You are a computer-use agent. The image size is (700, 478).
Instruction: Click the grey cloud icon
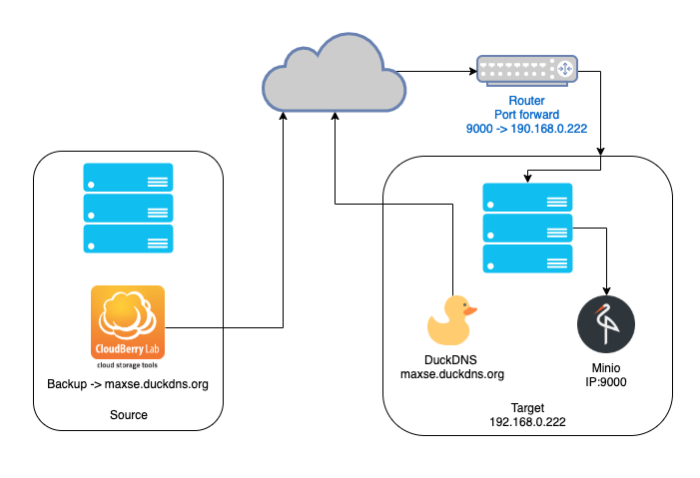click(x=334, y=74)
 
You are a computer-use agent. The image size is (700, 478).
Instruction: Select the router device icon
click(x=527, y=69)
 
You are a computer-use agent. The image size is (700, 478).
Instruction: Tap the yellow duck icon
click(x=451, y=320)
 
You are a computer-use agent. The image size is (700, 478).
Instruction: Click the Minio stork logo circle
click(x=606, y=324)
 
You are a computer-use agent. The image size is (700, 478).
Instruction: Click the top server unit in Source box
click(x=128, y=178)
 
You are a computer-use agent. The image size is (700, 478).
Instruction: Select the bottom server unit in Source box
click(x=128, y=239)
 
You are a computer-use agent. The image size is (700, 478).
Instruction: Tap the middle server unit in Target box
click(x=527, y=229)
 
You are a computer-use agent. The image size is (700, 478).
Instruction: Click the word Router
click(x=527, y=101)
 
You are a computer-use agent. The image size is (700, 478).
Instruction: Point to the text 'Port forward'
click(x=527, y=115)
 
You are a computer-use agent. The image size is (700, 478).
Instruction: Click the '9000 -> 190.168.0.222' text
click(x=527, y=129)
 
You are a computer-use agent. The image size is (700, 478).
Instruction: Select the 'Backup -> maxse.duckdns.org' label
click(x=128, y=384)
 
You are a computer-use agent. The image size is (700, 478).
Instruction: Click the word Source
click(x=129, y=414)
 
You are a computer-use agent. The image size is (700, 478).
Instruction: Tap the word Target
click(x=527, y=408)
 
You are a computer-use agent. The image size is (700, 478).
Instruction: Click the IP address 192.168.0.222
click(x=527, y=422)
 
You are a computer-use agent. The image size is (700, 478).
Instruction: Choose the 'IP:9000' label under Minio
click(x=606, y=382)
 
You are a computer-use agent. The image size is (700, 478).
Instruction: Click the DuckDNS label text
click(x=451, y=359)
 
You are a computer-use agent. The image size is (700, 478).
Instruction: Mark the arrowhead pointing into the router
click(x=473, y=71)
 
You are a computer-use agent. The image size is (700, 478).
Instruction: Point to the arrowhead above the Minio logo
click(x=606, y=291)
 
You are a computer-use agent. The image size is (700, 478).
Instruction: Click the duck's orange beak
click(x=470, y=310)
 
